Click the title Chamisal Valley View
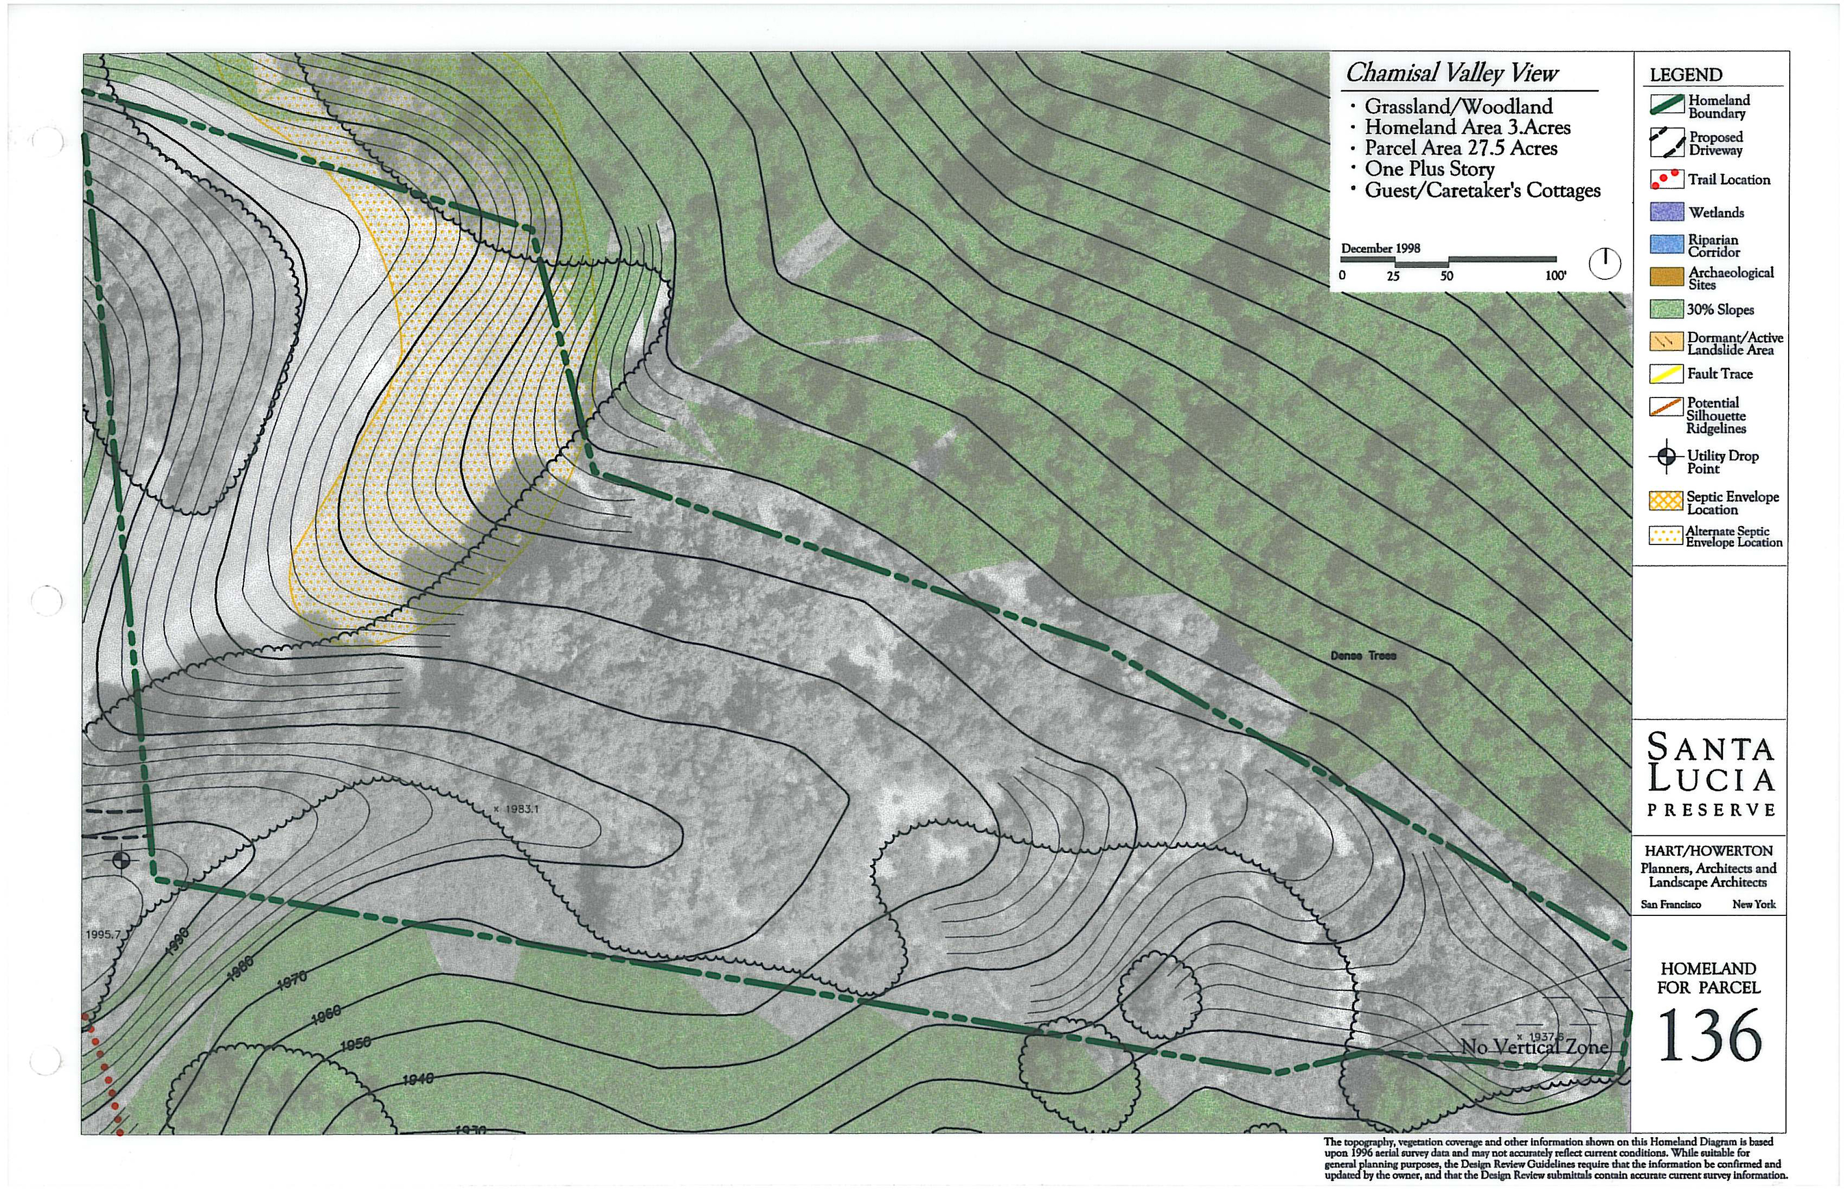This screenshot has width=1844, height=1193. (1451, 73)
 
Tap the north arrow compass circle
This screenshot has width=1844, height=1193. (1605, 263)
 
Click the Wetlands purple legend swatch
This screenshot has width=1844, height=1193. (1667, 212)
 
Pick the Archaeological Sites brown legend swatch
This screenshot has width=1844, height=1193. (1667, 277)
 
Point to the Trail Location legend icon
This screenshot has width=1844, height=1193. (1667, 179)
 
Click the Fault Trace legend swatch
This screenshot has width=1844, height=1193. (1667, 374)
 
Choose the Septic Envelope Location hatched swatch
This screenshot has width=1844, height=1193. (1667, 501)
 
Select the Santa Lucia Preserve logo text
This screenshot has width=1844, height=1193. (1710, 775)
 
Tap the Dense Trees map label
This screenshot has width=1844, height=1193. (1363, 655)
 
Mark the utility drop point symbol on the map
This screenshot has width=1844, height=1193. (121, 860)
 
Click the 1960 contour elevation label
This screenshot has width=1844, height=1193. (326, 1014)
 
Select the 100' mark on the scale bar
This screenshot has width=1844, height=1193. (1555, 276)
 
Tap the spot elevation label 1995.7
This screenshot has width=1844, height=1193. (103, 934)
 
